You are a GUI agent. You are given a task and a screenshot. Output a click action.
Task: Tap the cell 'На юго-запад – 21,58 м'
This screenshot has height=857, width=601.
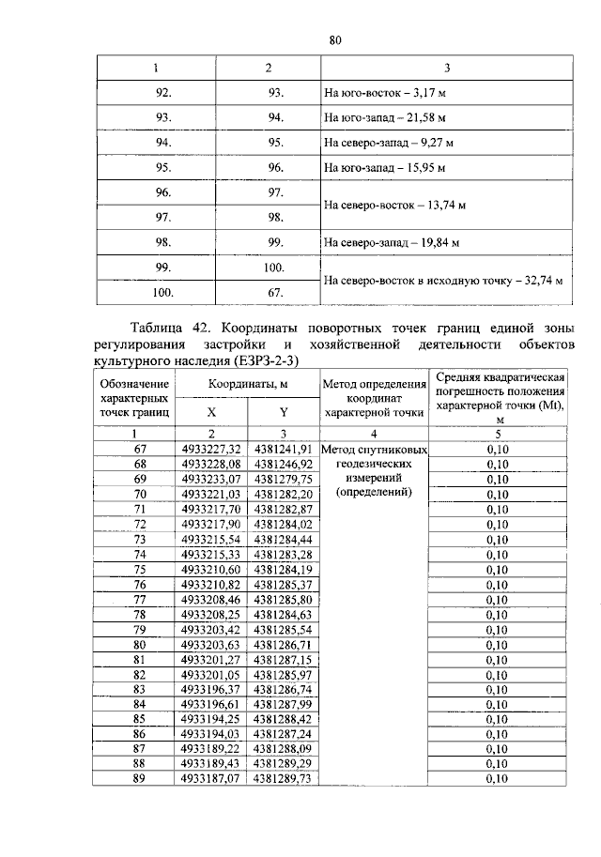click(x=383, y=119)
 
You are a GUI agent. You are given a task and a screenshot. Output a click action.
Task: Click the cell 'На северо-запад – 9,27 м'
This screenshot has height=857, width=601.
click(x=388, y=144)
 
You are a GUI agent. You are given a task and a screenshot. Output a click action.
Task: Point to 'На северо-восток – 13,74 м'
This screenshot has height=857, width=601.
click(x=394, y=205)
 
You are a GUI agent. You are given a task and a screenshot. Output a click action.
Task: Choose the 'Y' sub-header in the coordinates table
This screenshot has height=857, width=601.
click(x=283, y=412)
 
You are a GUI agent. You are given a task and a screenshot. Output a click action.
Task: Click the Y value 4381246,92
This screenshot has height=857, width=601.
click(x=283, y=464)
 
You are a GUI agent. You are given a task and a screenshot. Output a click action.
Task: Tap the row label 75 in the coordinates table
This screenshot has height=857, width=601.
click(x=140, y=569)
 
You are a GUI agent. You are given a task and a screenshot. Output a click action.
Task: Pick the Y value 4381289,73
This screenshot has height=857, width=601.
click(x=283, y=779)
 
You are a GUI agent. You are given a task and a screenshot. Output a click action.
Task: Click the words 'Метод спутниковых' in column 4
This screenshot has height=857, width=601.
click(x=375, y=450)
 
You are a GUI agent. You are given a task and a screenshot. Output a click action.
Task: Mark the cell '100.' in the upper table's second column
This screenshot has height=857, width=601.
click(x=274, y=268)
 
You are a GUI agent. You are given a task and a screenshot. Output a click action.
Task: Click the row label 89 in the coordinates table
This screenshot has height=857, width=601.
click(x=140, y=779)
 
